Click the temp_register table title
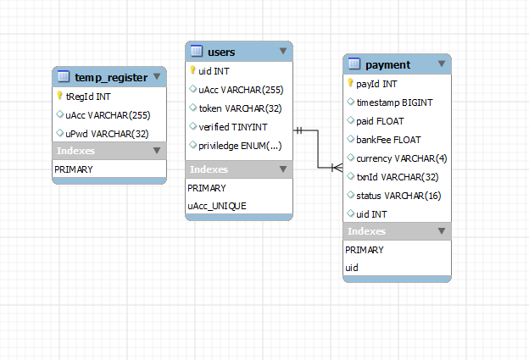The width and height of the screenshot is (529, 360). pos(111,78)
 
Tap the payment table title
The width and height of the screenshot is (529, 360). pos(387,65)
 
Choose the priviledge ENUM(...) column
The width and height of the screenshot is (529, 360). pos(240,146)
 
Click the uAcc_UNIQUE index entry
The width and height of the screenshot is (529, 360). pos(217,205)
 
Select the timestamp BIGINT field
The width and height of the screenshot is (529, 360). pos(394,102)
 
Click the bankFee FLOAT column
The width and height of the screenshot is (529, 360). pos(388,140)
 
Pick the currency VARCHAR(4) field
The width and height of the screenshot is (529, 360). pos(401,158)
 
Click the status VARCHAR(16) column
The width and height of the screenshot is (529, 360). pos(398,196)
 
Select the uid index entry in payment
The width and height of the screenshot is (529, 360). pos(352,268)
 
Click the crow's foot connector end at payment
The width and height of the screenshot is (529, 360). pos(336,167)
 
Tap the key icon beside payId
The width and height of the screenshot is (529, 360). pos(350,84)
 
